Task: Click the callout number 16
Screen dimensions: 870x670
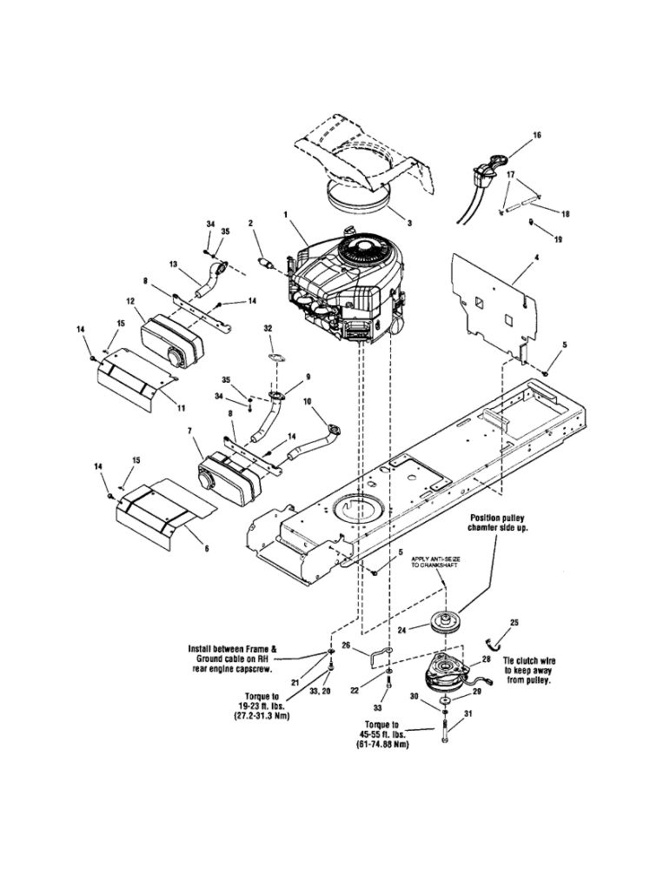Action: pyautogui.click(x=536, y=136)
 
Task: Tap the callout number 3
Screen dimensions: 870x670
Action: pyautogui.click(x=409, y=223)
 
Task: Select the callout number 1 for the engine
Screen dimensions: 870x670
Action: pyautogui.click(x=285, y=213)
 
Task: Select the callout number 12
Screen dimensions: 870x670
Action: pyautogui.click(x=130, y=301)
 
